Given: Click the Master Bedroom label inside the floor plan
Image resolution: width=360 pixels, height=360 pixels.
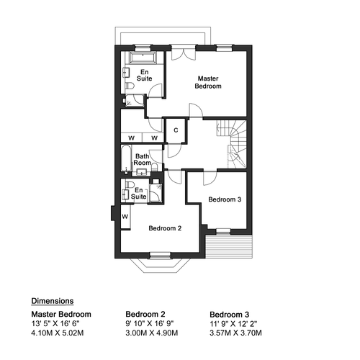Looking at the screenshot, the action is pyautogui.click(x=208, y=82).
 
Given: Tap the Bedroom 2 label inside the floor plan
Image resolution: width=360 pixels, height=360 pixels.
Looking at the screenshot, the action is pyautogui.click(x=165, y=228).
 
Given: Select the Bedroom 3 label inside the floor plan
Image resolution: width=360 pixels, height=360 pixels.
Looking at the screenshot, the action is pyautogui.click(x=225, y=199).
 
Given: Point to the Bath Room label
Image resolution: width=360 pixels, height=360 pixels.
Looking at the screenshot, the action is pyautogui.click(x=143, y=160).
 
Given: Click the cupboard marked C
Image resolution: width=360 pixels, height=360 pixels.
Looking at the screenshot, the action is pyautogui.click(x=176, y=130).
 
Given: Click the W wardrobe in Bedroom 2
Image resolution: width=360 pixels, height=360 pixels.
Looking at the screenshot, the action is pyautogui.click(x=125, y=217).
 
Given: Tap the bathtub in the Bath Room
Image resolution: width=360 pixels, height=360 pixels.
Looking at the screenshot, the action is pyautogui.click(x=126, y=160).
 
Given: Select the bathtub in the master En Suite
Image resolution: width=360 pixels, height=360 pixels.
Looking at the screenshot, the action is pyautogui.click(x=143, y=58).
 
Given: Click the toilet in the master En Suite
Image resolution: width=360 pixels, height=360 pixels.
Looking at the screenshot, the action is pyautogui.click(x=130, y=86).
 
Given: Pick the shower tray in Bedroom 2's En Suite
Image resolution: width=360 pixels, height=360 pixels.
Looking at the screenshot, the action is pyautogui.click(x=156, y=192).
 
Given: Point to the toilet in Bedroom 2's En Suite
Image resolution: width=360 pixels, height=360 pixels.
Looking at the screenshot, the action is pyautogui.click(x=130, y=184).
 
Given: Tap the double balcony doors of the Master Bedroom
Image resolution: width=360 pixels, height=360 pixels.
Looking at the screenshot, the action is pyautogui.click(x=184, y=54).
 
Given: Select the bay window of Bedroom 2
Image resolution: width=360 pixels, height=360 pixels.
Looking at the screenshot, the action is pyautogui.click(x=161, y=264).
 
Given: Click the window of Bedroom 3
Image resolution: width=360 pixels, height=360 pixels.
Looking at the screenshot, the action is pyautogui.click(x=223, y=231).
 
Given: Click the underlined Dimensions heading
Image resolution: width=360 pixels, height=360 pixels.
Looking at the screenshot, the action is pyautogui.click(x=53, y=301).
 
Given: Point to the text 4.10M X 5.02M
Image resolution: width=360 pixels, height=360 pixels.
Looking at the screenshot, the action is pyautogui.click(x=58, y=333).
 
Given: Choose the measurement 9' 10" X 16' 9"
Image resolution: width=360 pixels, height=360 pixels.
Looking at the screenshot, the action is pyautogui.click(x=150, y=323).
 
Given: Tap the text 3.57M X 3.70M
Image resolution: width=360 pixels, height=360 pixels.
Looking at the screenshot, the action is pyautogui.click(x=235, y=333).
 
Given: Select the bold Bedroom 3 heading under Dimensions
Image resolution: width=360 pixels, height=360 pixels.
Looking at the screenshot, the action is pyautogui.click(x=230, y=315).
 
